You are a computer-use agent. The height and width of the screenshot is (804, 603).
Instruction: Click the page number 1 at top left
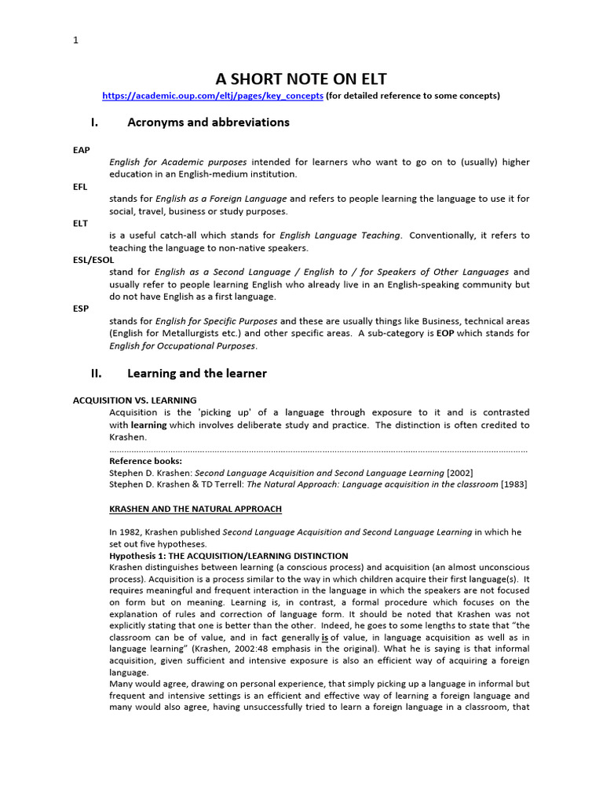click(75, 41)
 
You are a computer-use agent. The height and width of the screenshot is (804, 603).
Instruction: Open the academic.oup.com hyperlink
click(212, 96)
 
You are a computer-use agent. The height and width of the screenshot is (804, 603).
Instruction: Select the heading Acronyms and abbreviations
click(208, 122)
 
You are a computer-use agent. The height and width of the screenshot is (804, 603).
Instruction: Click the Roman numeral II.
click(97, 374)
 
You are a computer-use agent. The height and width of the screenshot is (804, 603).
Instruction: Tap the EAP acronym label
click(81, 149)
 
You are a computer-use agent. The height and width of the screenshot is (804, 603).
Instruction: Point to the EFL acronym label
click(80, 186)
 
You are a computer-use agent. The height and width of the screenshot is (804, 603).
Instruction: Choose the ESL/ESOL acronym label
click(93, 259)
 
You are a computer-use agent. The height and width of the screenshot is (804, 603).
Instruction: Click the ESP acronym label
click(80, 309)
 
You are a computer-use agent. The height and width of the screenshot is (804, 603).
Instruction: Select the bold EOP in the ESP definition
click(445, 334)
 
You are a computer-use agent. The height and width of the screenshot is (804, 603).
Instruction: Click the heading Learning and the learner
click(197, 374)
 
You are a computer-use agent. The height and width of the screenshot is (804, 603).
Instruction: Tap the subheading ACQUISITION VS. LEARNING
click(134, 400)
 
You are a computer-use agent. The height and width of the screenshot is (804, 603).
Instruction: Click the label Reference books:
click(145, 461)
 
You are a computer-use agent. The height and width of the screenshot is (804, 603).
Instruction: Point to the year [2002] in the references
click(459, 473)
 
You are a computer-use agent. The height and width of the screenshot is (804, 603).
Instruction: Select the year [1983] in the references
click(513, 484)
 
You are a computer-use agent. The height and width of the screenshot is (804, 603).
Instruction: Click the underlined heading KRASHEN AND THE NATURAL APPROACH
click(195, 509)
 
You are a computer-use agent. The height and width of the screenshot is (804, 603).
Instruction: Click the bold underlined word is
click(324, 637)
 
